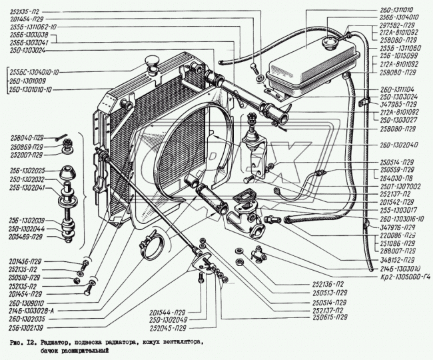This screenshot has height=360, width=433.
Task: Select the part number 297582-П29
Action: click(400, 26)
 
